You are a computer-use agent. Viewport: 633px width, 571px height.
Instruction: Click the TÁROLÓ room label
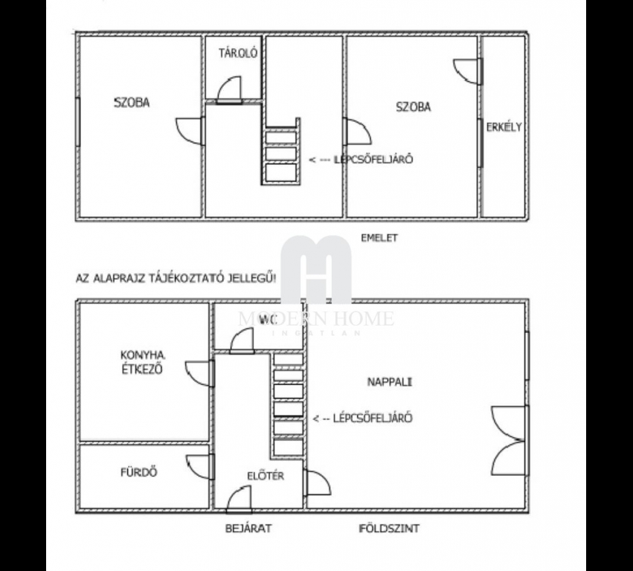(x=238, y=54)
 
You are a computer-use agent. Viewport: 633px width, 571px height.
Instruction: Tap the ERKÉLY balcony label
(x=504, y=127)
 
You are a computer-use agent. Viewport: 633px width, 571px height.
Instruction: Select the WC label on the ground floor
(x=268, y=320)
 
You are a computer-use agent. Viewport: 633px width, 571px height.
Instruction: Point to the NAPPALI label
(x=390, y=381)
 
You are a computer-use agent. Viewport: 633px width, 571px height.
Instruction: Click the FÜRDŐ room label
(x=139, y=471)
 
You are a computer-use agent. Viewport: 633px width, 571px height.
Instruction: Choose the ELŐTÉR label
(x=266, y=476)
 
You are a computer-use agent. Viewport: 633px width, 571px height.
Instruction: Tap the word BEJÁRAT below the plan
(x=248, y=528)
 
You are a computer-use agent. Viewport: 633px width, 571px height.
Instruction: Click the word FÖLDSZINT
(x=389, y=528)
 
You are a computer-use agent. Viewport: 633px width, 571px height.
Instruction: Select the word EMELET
(x=379, y=238)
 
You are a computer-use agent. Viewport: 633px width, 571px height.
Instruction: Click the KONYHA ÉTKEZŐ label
(x=143, y=362)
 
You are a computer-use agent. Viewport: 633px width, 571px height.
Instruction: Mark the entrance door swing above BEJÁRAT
(x=239, y=499)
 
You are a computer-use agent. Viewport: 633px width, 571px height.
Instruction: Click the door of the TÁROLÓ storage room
(x=229, y=90)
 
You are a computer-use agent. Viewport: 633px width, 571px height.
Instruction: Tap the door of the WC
(x=242, y=341)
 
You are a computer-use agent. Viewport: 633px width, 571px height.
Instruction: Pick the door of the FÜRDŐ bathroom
(x=200, y=466)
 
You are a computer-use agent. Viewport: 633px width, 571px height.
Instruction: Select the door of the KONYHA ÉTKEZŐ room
(x=200, y=374)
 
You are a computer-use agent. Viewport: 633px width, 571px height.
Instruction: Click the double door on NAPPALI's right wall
(x=510, y=441)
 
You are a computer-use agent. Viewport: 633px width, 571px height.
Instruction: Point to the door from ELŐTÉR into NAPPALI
(x=317, y=483)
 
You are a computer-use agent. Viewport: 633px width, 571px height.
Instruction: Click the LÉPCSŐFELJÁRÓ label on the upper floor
(x=361, y=159)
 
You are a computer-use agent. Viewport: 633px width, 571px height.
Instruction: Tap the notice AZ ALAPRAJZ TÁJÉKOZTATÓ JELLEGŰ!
(x=176, y=279)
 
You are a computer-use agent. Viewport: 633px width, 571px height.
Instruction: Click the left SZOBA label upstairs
(x=132, y=103)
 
